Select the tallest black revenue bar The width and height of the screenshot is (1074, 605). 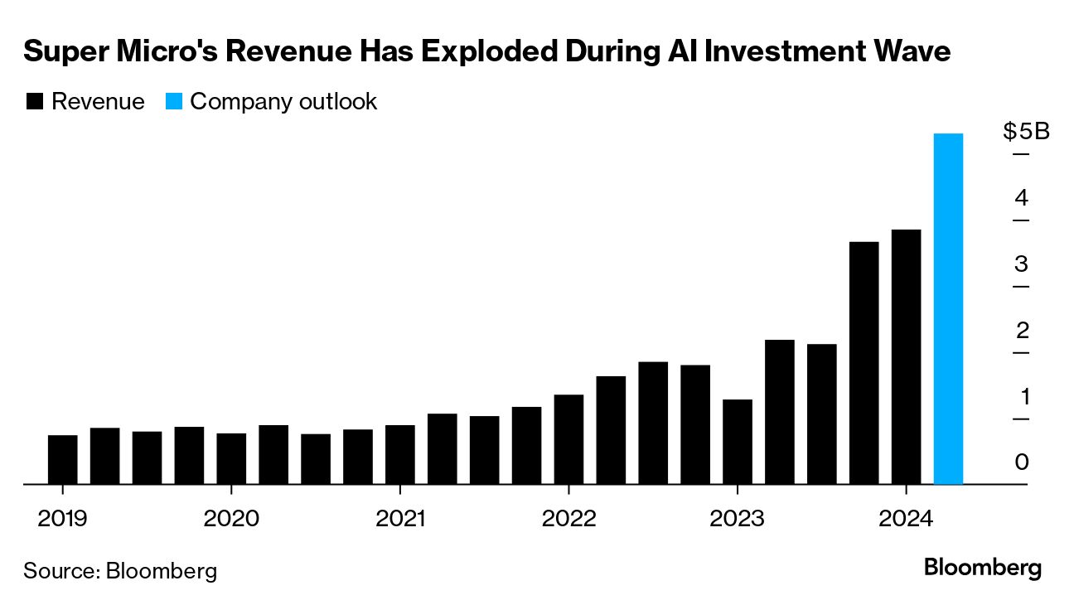(906, 356)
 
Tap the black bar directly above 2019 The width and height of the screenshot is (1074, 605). (63, 459)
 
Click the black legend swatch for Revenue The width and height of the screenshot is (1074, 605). (35, 102)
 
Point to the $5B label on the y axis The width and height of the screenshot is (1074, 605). (1026, 132)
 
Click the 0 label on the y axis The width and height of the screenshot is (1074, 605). (1021, 462)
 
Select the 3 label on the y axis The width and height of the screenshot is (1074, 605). (1021, 264)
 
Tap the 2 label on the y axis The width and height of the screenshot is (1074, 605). (1021, 331)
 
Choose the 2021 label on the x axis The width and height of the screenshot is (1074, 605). (400, 520)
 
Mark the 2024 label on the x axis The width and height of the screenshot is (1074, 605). (906, 520)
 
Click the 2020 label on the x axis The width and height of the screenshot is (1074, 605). (231, 520)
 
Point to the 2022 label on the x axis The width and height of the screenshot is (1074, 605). (568, 520)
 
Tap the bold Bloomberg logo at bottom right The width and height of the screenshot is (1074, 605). (982, 569)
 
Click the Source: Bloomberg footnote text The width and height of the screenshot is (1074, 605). (120, 570)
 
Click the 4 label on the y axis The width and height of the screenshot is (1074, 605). (1021, 198)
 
